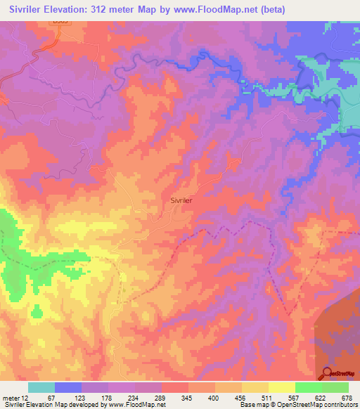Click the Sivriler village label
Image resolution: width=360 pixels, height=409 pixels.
(x=181, y=200)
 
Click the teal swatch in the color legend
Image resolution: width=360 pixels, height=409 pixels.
(x=41, y=387)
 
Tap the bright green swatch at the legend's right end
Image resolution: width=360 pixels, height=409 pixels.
(x=335, y=387)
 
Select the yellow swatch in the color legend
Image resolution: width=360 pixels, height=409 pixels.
(x=281, y=387)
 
